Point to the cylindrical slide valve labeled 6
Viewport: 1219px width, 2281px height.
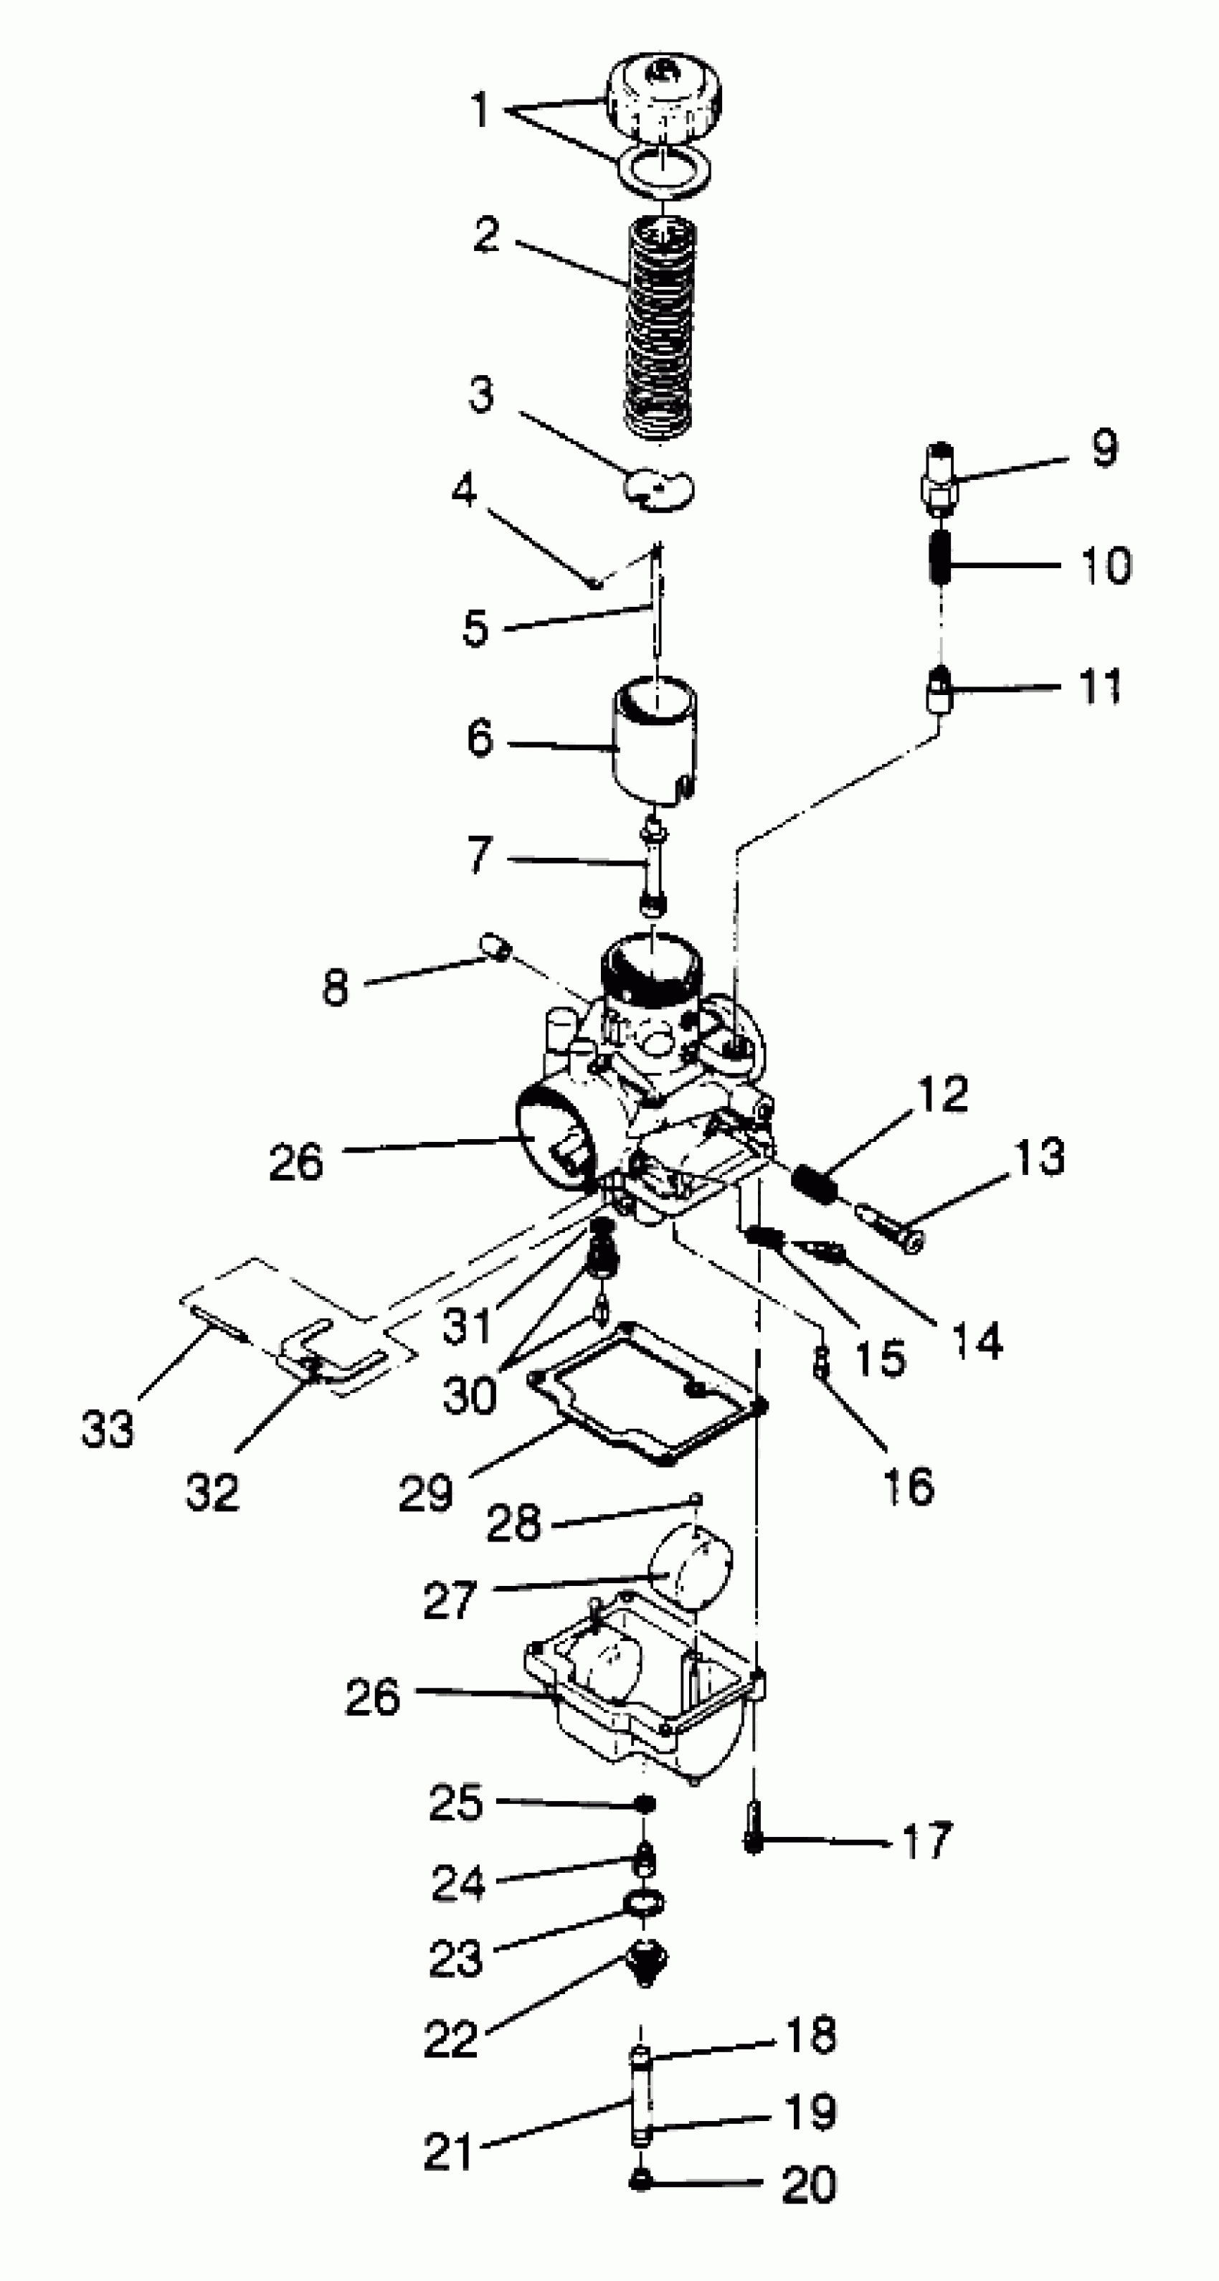click(x=655, y=740)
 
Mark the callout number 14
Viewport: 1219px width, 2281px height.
click(x=977, y=1341)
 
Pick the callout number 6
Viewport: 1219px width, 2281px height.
click(x=480, y=739)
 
